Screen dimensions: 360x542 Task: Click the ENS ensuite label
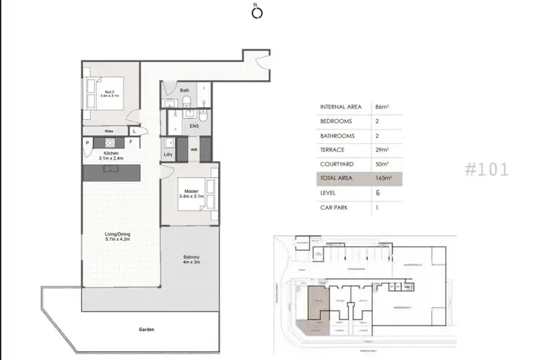tap(194, 126)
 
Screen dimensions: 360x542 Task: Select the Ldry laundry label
tap(168, 153)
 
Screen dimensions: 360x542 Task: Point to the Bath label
tap(184, 90)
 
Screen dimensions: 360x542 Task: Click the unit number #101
tap(486, 170)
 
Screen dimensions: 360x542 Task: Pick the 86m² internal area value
tap(382, 107)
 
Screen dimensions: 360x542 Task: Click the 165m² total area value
tap(383, 179)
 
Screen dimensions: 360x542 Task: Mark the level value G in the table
tap(378, 193)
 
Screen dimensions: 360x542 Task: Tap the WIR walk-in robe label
tap(194, 150)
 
